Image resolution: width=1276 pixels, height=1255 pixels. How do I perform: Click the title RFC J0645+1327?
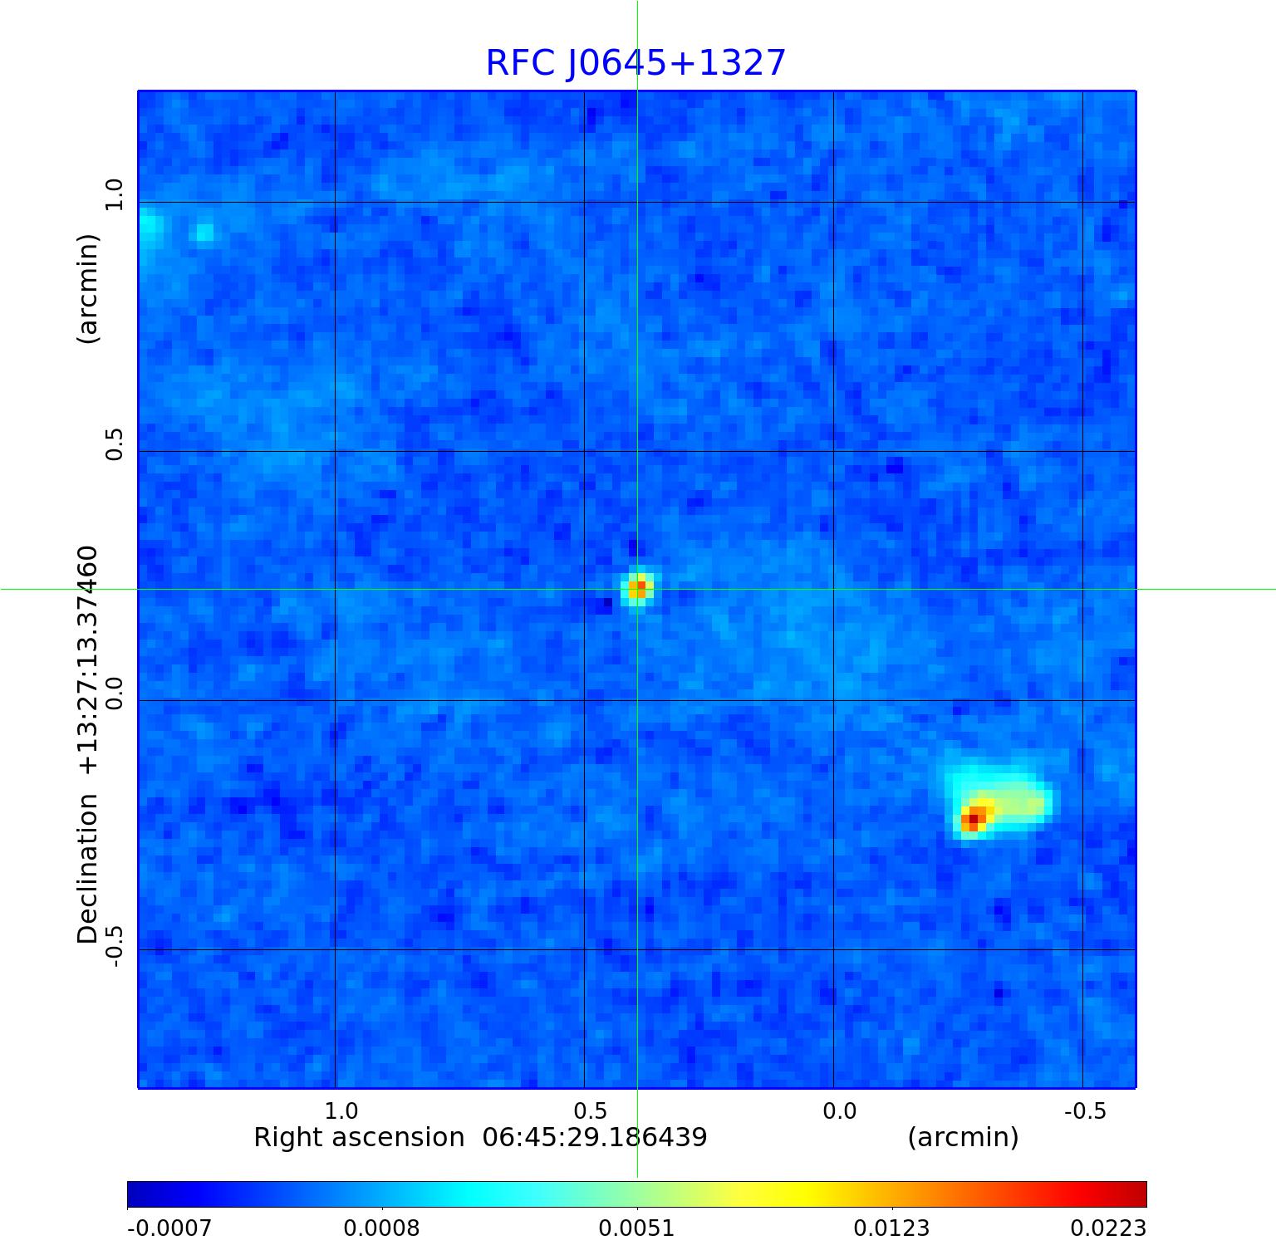(636, 63)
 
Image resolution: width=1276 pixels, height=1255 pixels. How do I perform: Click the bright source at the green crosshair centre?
(637, 589)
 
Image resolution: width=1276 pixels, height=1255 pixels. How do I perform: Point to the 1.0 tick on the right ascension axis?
(341, 1110)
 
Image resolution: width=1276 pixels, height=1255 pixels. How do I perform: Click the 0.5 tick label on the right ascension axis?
(590, 1110)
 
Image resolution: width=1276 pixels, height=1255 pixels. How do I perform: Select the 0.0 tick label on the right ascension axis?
(839, 1110)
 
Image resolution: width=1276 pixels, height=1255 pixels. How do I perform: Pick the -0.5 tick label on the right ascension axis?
(1085, 1110)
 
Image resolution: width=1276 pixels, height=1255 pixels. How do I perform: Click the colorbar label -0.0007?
(169, 1228)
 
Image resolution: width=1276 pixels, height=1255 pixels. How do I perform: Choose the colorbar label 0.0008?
(381, 1228)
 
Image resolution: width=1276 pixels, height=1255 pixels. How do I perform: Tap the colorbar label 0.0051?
(636, 1228)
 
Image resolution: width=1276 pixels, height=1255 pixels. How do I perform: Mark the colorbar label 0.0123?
(891, 1228)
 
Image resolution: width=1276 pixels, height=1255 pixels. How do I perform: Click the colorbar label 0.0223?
(1107, 1228)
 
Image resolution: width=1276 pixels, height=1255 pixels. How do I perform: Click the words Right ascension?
(359, 1137)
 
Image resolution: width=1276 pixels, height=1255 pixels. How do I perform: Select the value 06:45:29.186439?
(595, 1137)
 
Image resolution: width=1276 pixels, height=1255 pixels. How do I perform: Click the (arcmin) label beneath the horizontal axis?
(963, 1137)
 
